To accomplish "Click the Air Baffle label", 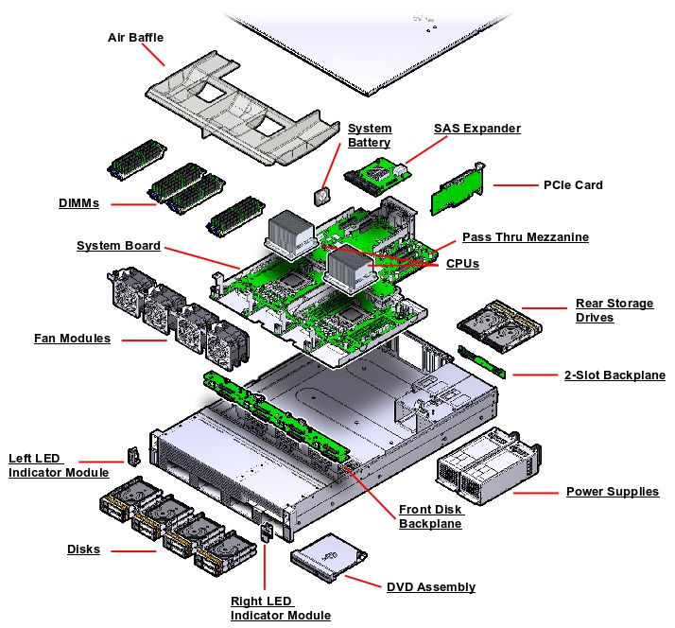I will (x=135, y=38).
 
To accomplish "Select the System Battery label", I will (x=369, y=135).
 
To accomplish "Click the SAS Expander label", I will (x=476, y=128).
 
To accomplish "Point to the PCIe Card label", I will (x=573, y=184).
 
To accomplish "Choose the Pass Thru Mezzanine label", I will (x=525, y=236).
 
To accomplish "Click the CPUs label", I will (x=462, y=263).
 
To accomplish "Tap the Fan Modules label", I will (x=72, y=338).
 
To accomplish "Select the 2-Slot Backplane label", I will (x=614, y=375).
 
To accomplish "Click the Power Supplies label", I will (x=612, y=492).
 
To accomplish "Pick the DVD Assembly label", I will (x=431, y=587).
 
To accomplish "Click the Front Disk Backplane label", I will (x=430, y=516).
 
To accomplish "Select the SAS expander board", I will (x=376, y=173).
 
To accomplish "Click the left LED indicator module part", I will (x=132, y=459).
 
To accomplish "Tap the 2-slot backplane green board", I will (x=481, y=361).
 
